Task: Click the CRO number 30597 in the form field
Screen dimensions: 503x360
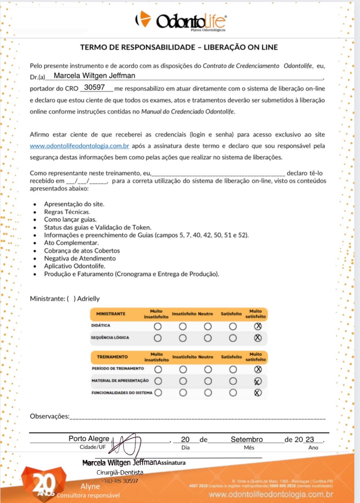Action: point(94,87)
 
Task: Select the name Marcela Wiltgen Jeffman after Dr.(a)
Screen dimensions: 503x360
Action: point(94,76)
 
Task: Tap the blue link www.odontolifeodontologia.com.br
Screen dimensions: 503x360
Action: point(79,146)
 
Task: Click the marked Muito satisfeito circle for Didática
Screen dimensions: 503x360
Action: point(258,326)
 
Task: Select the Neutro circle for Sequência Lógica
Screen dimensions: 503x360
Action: point(208,338)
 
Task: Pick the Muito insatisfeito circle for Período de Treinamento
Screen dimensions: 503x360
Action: point(158,369)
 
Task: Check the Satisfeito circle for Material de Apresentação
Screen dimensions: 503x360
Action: point(233,381)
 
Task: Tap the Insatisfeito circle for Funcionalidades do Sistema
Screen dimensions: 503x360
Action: point(183,393)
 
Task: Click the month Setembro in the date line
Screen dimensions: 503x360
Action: point(247,439)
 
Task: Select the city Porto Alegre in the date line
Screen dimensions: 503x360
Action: point(89,439)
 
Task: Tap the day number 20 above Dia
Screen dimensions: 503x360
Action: point(185,439)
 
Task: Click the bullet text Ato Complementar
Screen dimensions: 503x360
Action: point(71,243)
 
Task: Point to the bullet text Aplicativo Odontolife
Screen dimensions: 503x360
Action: point(74,266)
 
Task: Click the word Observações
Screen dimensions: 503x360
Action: point(49,416)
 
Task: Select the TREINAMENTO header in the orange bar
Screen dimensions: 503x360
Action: point(112,357)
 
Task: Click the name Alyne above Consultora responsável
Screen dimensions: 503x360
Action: point(90,486)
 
